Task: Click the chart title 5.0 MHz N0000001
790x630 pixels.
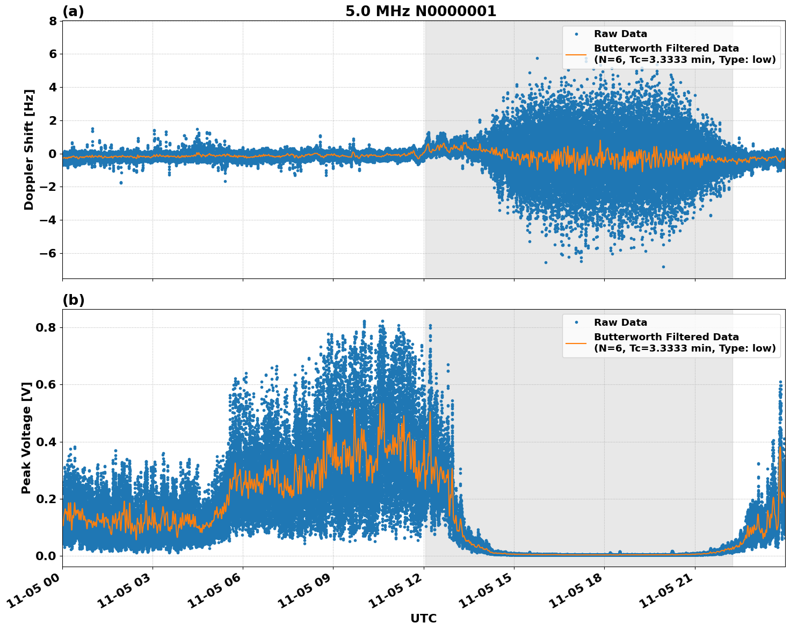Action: (x=421, y=11)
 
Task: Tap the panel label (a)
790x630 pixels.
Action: (x=73, y=11)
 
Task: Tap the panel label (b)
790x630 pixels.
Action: (x=73, y=300)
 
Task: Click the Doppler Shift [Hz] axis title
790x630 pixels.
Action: (x=29, y=149)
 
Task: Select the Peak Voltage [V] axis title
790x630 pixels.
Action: (x=26, y=438)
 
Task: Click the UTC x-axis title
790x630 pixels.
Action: (x=423, y=618)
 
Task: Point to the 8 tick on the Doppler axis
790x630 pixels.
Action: (x=52, y=21)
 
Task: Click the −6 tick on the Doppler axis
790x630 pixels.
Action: (x=48, y=253)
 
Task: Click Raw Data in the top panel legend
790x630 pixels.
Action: (x=620, y=34)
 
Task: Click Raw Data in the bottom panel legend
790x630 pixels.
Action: (x=620, y=323)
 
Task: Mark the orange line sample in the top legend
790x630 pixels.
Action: (x=576, y=54)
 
